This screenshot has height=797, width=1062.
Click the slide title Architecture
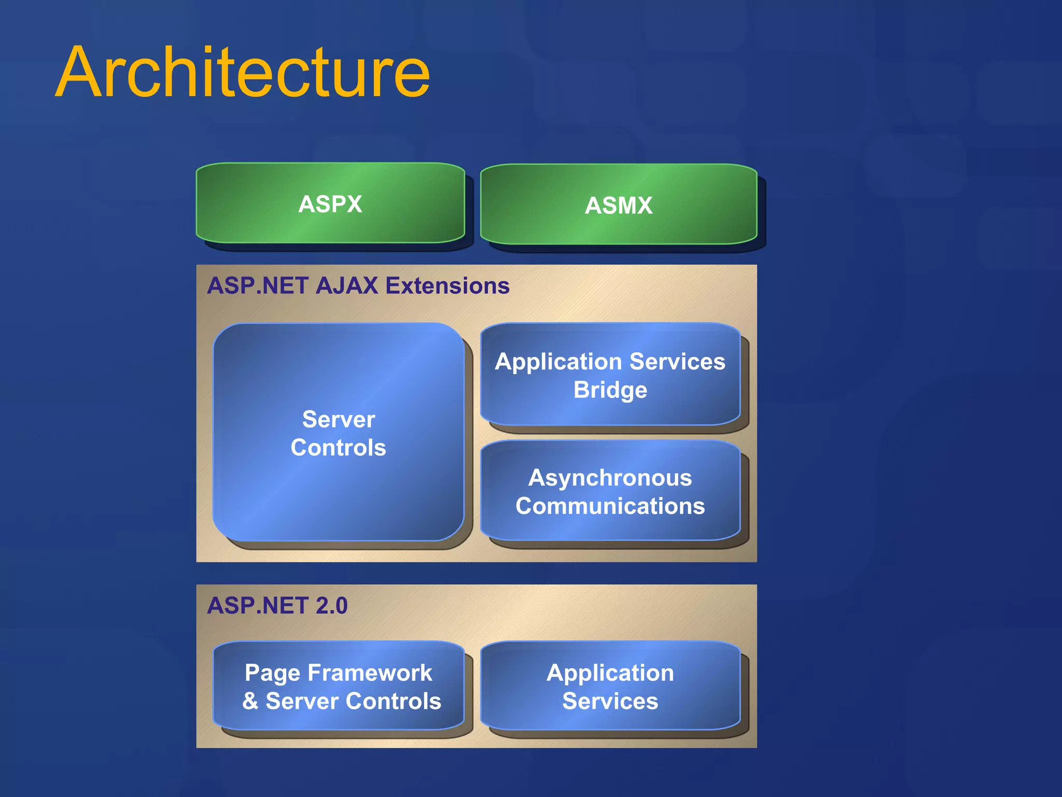coord(243,73)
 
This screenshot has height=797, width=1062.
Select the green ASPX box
coord(330,203)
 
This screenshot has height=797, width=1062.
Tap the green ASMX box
coord(618,205)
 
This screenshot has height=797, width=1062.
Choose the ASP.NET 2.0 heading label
coord(277,606)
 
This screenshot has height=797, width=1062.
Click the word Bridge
coord(610,390)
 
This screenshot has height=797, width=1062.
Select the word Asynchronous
coord(610,477)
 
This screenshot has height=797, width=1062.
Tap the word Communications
coord(610,506)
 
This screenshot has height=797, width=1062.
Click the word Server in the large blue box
coord(338,419)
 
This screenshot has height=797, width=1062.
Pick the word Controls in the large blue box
coord(338,448)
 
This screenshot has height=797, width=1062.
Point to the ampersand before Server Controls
coord(250,701)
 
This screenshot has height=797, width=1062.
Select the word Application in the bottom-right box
coord(610,673)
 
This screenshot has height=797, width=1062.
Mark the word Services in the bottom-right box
coord(610,701)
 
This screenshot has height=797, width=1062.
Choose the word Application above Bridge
coord(558,362)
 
